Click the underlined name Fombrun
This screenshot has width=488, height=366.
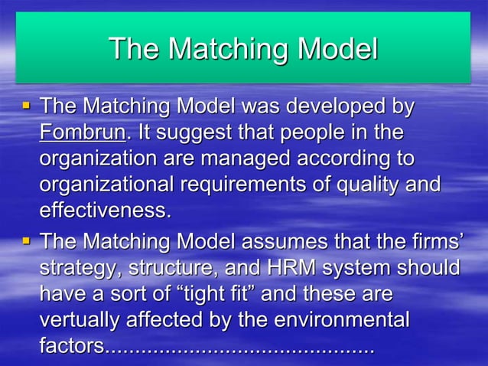coord(82,133)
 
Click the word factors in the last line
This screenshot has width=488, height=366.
coord(71,347)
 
